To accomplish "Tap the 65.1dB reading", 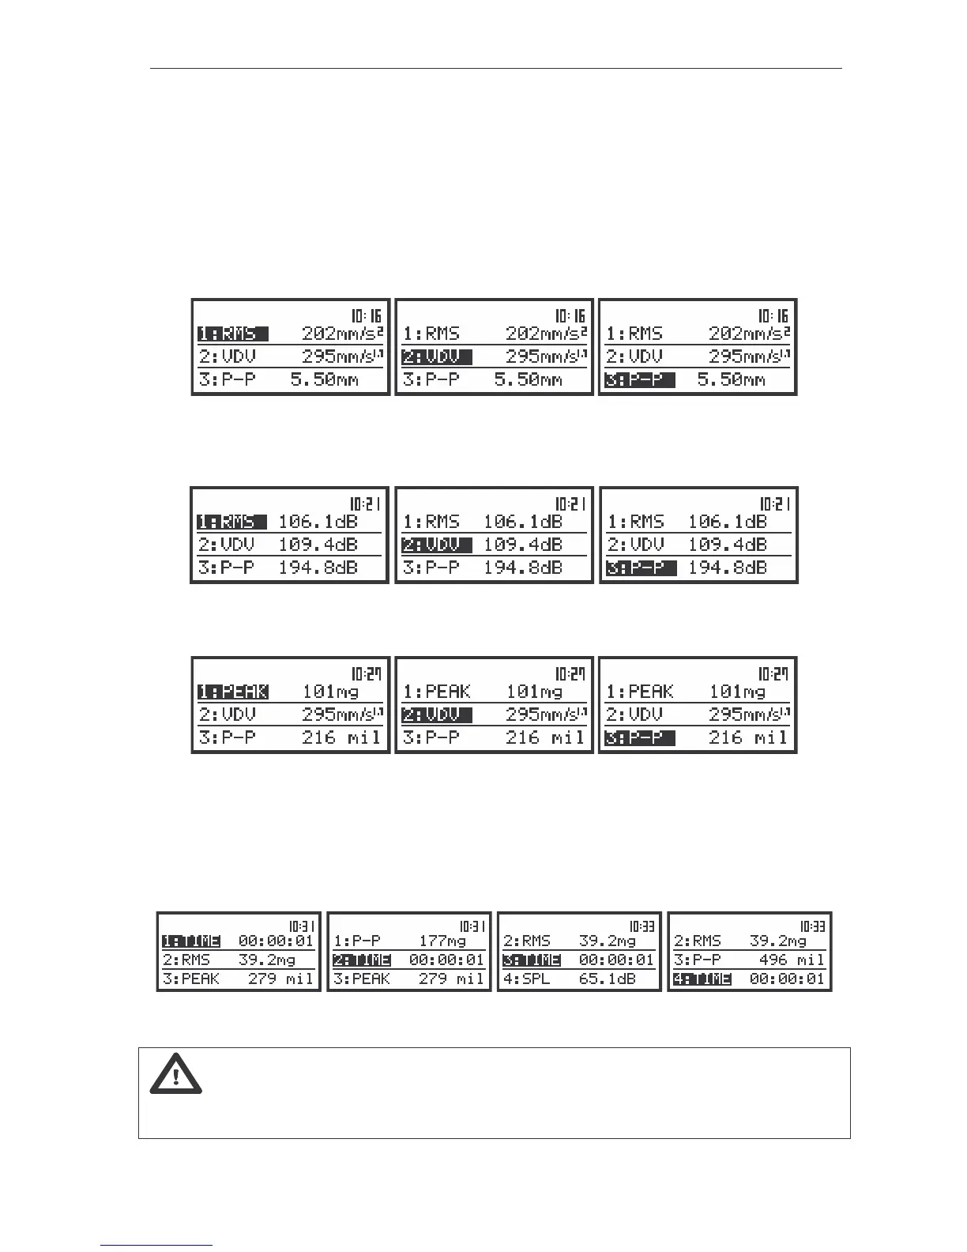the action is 606,979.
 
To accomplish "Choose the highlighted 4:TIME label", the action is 702,979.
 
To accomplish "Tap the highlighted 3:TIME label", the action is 532,960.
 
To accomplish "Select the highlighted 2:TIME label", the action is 362,960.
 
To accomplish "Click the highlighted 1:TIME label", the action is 191,941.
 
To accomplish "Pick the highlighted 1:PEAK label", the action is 233,692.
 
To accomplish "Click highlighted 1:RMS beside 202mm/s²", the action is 232,334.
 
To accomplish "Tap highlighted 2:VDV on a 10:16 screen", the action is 437,356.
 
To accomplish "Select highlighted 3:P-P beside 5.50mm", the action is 640,379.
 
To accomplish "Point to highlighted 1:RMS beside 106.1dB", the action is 231,522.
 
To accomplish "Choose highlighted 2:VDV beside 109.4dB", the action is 437,545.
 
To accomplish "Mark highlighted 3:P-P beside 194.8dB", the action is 641,568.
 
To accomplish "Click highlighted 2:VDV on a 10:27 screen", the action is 437,715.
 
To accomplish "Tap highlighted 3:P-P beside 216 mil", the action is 640,737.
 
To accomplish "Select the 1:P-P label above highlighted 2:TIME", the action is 357,941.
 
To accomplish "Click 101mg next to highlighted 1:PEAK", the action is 330,692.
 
